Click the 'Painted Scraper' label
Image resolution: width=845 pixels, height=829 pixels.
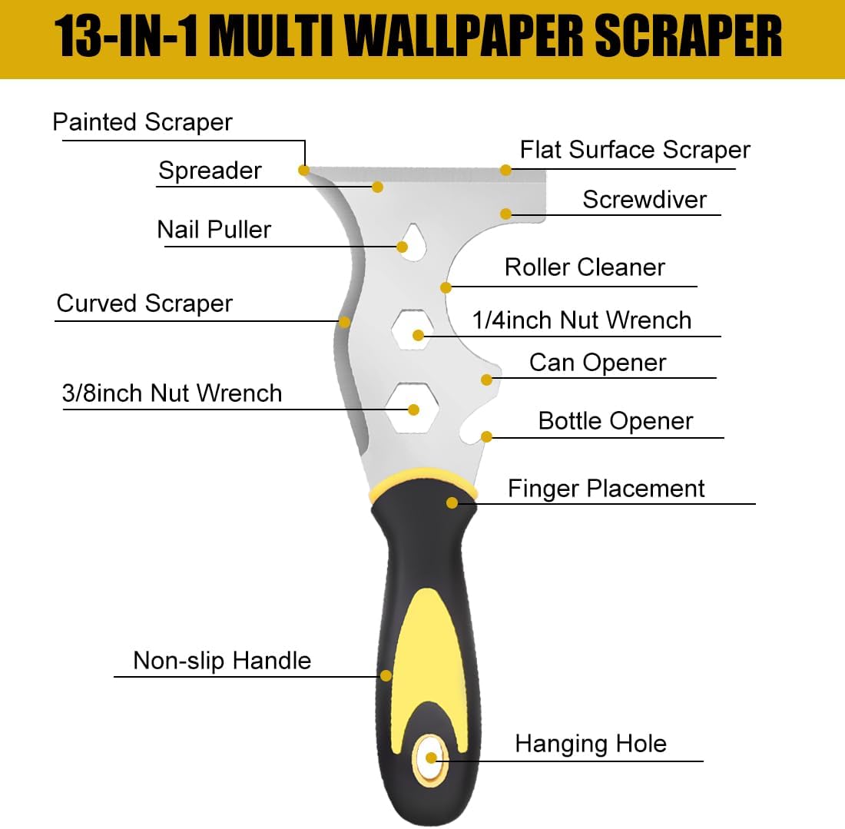(x=142, y=122)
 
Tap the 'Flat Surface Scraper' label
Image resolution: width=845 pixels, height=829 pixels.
(x=635, y=151)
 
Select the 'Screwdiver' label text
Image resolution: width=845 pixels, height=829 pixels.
(x=645, y=200)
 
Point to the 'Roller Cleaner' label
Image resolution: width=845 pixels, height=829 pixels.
(x=585, y=267)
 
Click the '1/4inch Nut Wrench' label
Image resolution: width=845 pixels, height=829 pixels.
(x=582, y=320)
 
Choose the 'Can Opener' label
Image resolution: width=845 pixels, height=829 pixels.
(x=598, y=363)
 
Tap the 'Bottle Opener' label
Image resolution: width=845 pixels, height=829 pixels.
(x=615, y=421)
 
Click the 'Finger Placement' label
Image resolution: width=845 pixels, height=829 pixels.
(x=606, y=489)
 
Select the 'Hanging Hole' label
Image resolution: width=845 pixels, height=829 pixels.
(x=591, y=744)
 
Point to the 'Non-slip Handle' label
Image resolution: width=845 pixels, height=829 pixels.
(x=222, y=661)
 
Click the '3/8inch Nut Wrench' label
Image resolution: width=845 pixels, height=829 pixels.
(x=172, y=393)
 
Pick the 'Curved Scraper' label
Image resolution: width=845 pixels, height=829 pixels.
(x=144, y=303)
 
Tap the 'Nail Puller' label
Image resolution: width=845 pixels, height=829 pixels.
(x=214, y=230)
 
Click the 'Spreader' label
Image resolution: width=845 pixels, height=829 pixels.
(x=210, y=171)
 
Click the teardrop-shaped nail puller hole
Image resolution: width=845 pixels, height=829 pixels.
(x=413, y=243)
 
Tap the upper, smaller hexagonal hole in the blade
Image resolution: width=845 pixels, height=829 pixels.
(x=413, y=330)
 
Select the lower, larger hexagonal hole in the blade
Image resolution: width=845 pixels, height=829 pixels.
(x=413, y=407)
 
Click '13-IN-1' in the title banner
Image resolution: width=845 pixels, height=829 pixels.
(x=127, y=36)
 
